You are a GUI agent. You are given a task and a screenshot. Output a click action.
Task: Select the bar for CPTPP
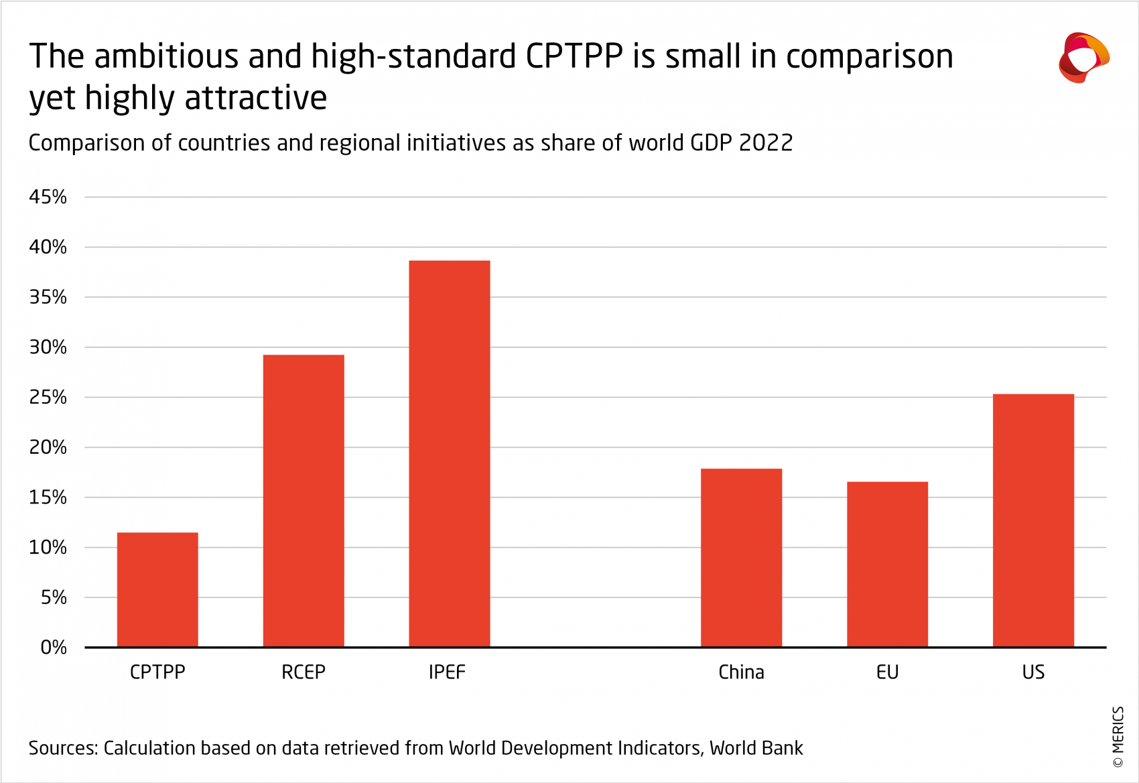[x=157, y=590]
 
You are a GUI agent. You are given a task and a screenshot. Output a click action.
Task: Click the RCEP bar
[x=304, y=501]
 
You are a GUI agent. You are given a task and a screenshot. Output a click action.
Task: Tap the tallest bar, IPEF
[x=450, y=454]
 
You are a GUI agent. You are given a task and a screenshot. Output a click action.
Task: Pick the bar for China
[x=741, y=558]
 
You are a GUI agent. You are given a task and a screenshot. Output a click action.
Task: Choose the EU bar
[x=887, y=564]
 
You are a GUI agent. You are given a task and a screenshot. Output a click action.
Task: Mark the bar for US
[x=1033, y=520]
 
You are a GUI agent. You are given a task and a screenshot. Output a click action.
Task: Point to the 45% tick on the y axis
[x=48, y=197]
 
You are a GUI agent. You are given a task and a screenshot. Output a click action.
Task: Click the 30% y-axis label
[x=48, y=347]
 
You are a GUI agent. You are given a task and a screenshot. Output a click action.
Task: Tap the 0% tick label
[x=54, y=648]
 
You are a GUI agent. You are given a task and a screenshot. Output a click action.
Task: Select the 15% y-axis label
[x=48, y=497]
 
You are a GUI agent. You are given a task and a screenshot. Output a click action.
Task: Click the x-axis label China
[x=741, y=672]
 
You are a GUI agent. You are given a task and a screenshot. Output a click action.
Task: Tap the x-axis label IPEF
[x=447, y=672]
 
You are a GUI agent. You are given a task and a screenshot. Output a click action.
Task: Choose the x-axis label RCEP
[x=304, y=672]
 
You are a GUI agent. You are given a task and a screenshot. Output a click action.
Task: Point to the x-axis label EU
[x=887, y=672]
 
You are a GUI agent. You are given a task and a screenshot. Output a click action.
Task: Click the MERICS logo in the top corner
[x=1083, y=58]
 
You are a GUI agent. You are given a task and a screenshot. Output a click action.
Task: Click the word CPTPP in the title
[x=574, y=56]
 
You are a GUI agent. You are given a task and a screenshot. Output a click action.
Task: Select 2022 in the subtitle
[x=766, y=143]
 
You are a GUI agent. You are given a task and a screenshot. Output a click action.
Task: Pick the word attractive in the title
[x=255, y=98]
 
